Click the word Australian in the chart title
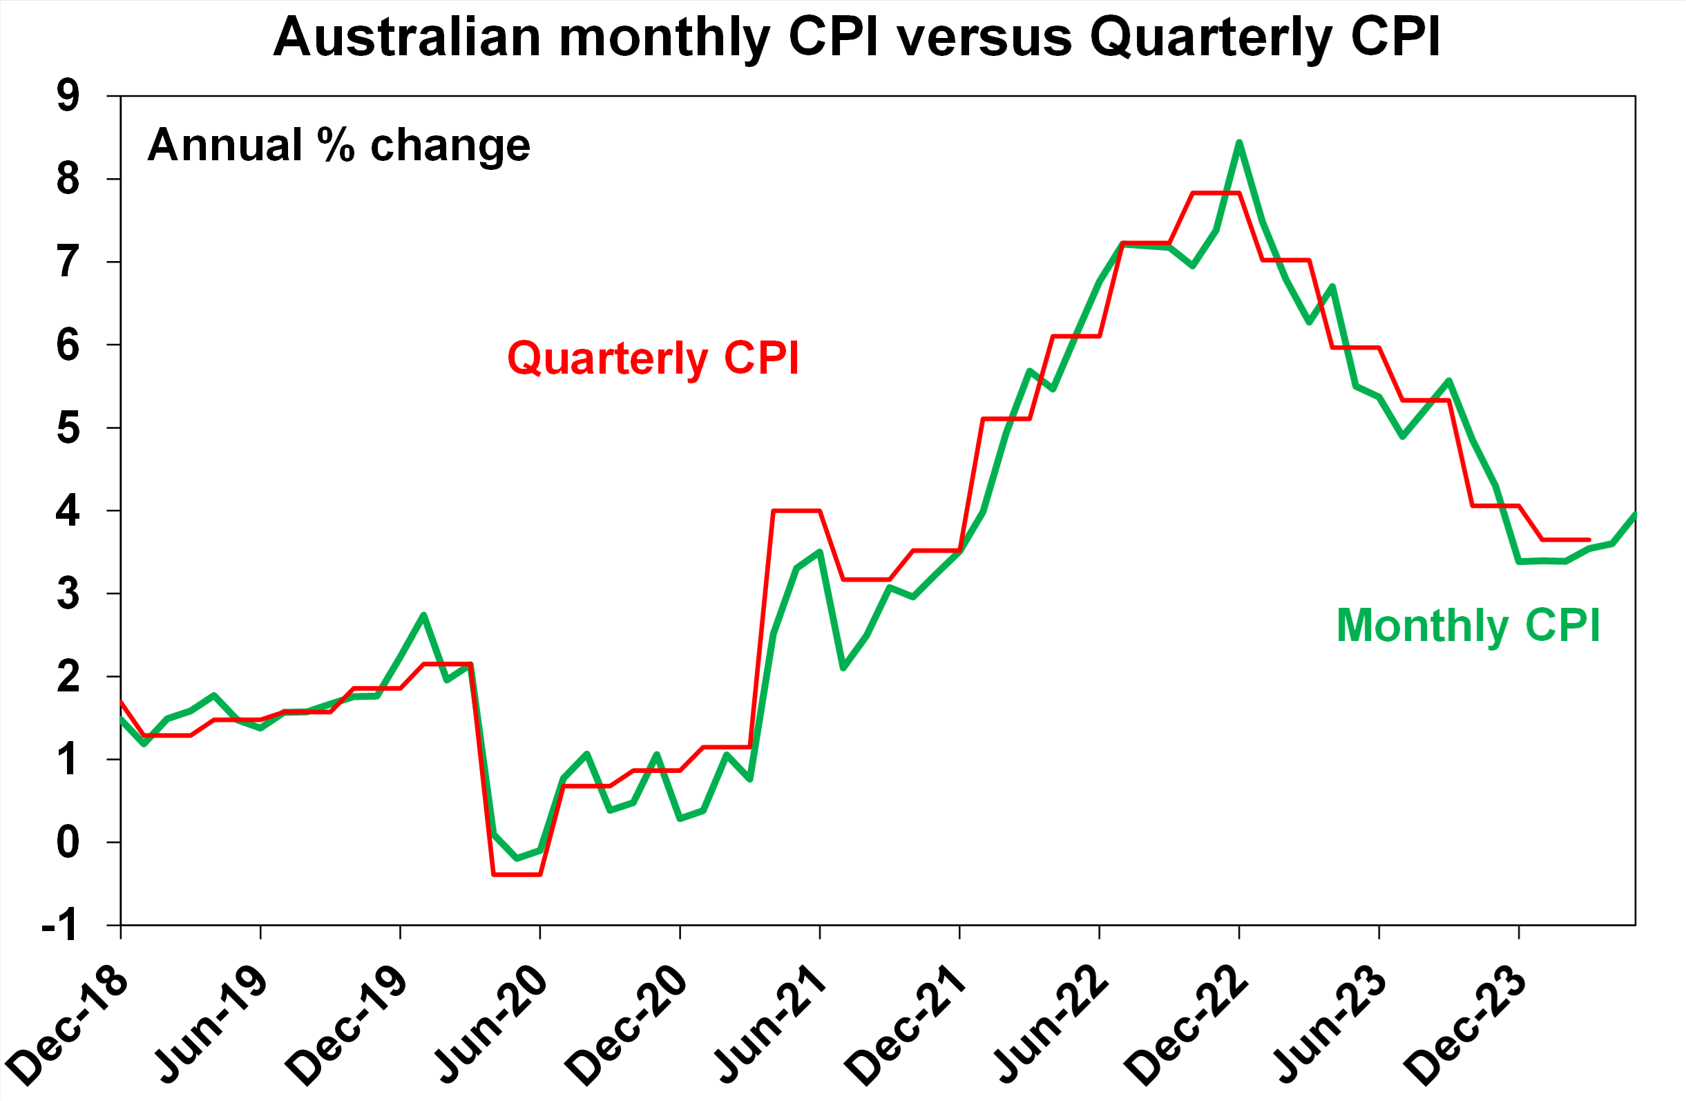[408, 37]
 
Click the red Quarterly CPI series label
[653, 358]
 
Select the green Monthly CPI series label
[1468, 626]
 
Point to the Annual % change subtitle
[338, 146]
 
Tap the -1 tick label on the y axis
[59, 926]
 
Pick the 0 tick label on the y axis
[68, 843]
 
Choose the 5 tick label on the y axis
[68, 428]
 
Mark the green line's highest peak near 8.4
[1239, 142]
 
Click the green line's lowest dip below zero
[517, 859]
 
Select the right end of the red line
[1589, 540]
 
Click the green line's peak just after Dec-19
[423, 615]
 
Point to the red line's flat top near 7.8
[1216, 193]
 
